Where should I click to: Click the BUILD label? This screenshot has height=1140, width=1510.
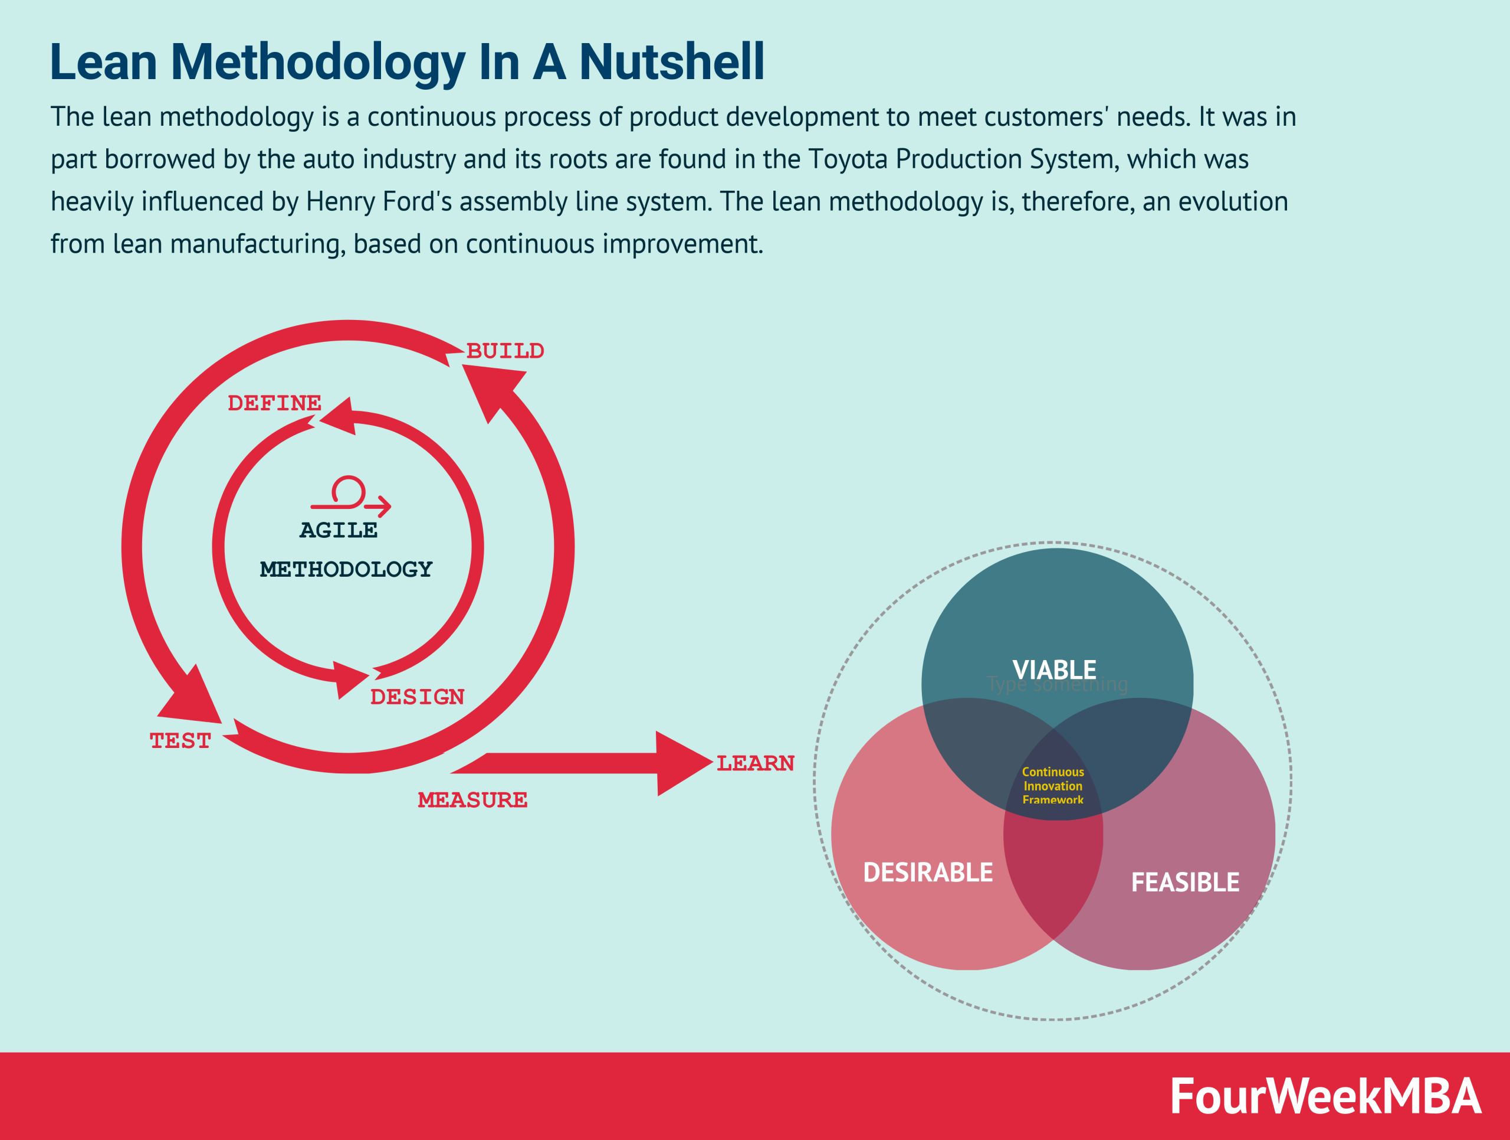click(505, 351)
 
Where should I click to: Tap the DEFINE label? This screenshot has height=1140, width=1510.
click(274, 403)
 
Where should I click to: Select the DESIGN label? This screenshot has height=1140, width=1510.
click(417, 697)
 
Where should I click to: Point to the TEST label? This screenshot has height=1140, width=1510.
click(180, 740)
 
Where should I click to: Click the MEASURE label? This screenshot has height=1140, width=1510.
click(472, 800)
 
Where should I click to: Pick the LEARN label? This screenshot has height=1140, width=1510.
click(755, 763)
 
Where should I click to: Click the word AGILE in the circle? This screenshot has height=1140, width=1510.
click(339, 530)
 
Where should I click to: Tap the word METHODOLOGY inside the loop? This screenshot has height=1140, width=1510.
click(346, 569)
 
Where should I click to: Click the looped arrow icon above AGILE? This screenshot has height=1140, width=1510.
click(350, 495)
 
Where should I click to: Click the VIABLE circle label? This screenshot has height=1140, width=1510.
click(1054, 669)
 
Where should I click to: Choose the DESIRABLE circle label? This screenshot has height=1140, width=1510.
click(928, 872)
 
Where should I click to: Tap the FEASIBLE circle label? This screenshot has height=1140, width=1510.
click(1185, 882)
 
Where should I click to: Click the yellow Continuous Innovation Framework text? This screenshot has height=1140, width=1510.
click(1053, 786)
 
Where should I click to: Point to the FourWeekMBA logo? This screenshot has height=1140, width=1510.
click(1325, 1096)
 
